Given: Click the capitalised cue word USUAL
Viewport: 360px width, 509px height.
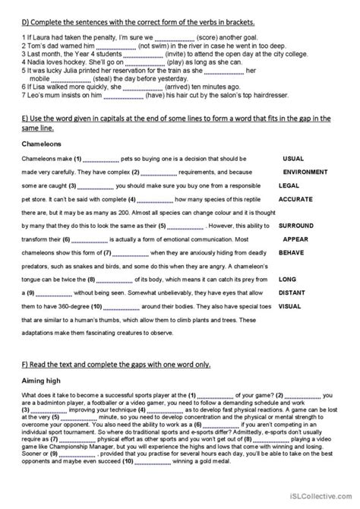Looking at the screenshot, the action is [x=294, y=159].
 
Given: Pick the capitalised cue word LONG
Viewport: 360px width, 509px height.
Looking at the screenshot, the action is [x=289, y=279].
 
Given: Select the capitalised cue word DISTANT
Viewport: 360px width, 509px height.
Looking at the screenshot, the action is [x=294, y=292].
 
